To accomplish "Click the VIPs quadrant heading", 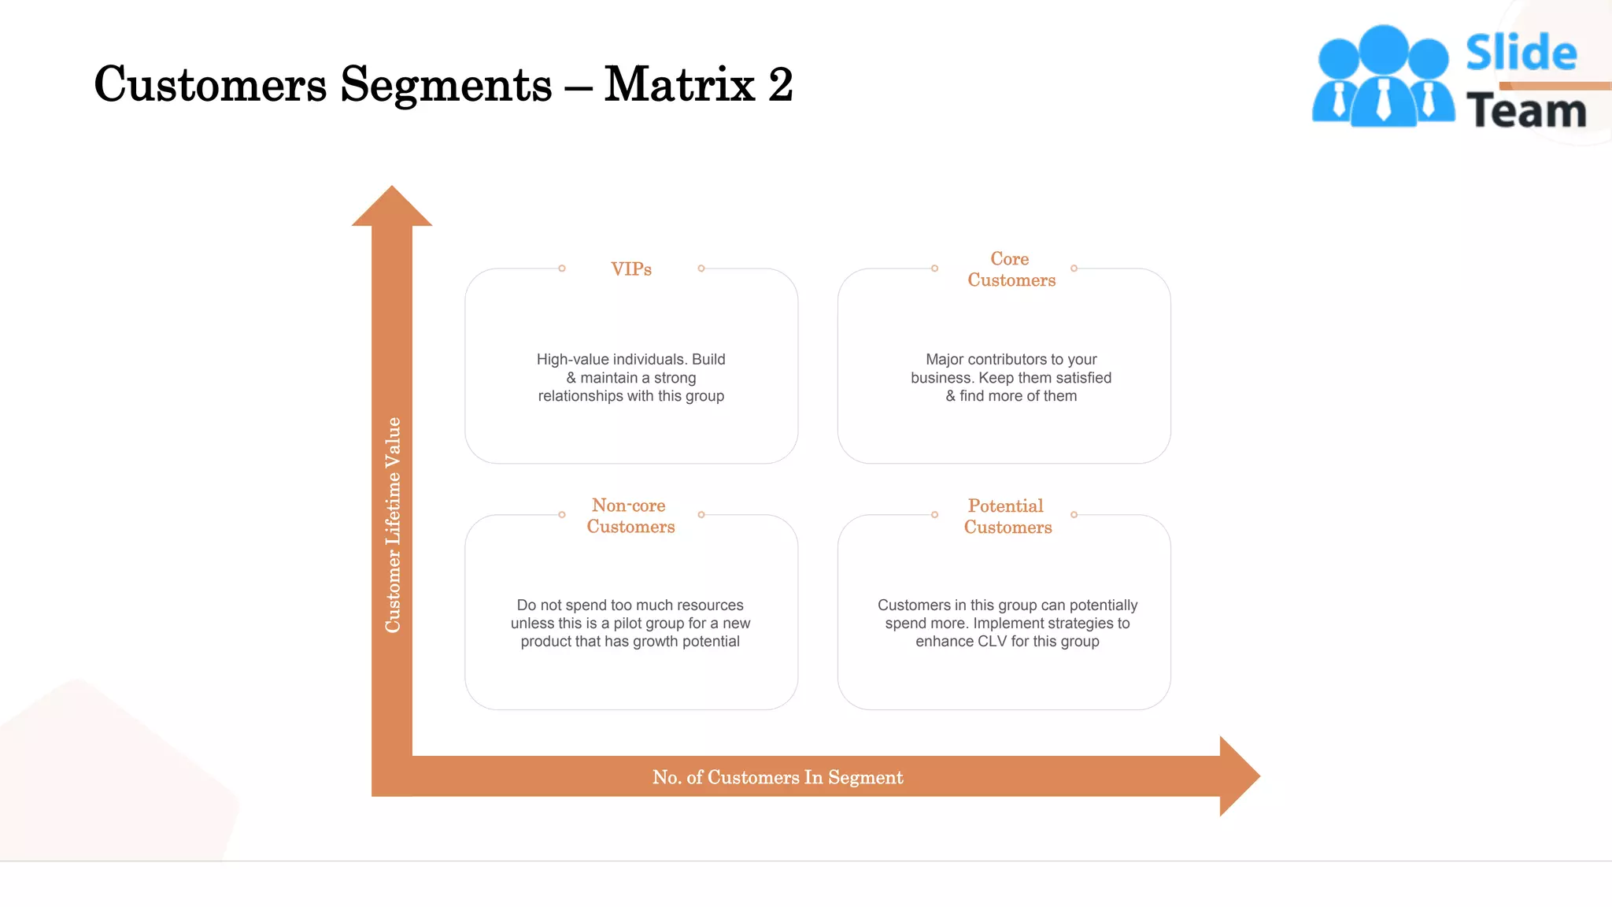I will [x=630, y=269].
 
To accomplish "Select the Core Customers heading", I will [x=1011, y=269].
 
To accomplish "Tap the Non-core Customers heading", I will [x=630, y=516].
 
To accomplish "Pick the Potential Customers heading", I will [x=1007, y=516].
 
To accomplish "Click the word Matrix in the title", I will [x=679, y=84].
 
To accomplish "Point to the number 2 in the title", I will [x=780, y=84].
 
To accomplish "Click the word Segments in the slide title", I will [x=446, y=84].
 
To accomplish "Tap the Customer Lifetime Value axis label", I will [x=392, y=524].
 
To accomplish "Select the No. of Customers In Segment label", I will [x=777, y=777].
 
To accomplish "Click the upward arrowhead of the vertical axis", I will [x=392, y=208].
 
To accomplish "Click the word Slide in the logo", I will [x=1521, y=54].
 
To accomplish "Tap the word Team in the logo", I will [x=1525, y=111].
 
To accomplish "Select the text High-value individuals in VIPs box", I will [x=612, y=360].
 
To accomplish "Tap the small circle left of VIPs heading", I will [x=562, y=268].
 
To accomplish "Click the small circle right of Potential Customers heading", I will [x=1074, y=515].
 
